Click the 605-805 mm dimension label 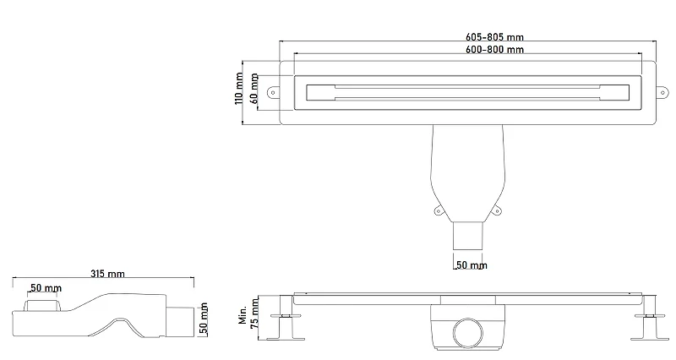pos(494,37)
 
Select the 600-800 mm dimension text pos(494,50)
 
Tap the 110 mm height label pos(239,89)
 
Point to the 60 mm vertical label pos(254,89)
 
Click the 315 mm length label pos(107,274)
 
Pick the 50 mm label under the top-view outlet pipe pos(472,265)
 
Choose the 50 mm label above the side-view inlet pos(46,288)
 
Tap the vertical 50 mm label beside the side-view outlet pos(204,319)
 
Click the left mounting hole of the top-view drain pos(272,92)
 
